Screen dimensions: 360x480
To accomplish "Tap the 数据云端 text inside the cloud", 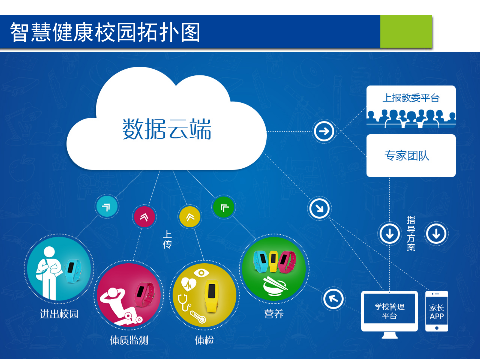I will tap(167, 129).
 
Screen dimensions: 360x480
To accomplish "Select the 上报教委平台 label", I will tap(411, 98).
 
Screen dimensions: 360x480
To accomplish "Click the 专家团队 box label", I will tap(407, 156).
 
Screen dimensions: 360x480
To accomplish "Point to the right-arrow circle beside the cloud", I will tap(324, 131).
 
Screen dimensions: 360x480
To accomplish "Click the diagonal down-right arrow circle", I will tap(319, 208).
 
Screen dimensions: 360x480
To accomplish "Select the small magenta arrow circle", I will tap(144, 216).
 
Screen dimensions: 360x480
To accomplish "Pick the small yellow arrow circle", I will tap(190, 216).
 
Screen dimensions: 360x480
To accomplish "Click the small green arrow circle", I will tap(224, 207).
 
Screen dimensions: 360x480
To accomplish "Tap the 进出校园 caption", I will tap(59, 314).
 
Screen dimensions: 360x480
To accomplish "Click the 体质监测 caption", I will tap(129, 341).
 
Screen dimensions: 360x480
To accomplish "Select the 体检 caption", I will tap(204, 341).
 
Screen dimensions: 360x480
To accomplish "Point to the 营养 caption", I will tap(274, 314).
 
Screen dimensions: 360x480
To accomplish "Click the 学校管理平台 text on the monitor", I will tap(390, 311).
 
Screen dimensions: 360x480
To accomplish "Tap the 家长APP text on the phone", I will tap(436, 312).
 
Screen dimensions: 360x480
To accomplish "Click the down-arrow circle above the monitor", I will tap(390, 233).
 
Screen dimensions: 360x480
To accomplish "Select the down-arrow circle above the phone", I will tap(436, 233).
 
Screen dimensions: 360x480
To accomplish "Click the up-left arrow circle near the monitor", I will tap(333, 299).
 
